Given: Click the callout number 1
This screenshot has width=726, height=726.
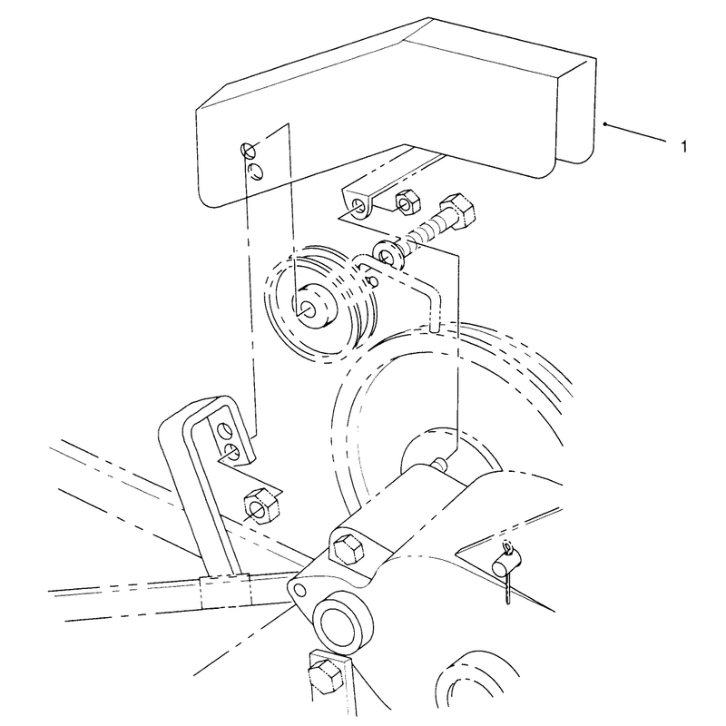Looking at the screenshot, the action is coord(684,147).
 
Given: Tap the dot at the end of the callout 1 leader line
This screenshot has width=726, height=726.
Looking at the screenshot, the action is coord(604,124).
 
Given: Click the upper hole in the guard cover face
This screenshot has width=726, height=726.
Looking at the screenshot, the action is coord(248,150).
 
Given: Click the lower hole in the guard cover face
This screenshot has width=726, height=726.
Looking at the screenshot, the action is coord(255,171).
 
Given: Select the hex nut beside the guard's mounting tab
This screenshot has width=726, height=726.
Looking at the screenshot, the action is coord(407,202).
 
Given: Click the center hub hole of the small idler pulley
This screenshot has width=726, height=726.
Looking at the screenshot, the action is coord(309,309).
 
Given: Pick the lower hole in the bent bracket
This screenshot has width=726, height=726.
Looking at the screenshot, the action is coord(231,451).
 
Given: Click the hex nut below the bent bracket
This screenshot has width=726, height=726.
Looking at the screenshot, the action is coord(260,505).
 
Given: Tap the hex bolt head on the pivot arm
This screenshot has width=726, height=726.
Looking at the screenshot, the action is coord(348,548).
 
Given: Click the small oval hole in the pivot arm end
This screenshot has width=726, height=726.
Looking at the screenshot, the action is coord(300,590).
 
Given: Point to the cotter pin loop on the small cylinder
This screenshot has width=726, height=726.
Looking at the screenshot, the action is coord(508,549).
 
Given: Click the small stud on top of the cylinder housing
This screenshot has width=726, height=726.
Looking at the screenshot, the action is coord(440,463).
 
